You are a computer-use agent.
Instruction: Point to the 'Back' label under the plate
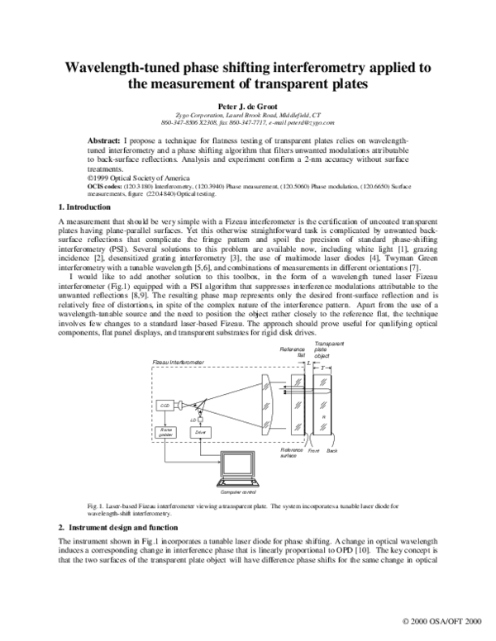[x=332, y=451]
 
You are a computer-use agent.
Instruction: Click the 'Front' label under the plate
[x=313, y=451]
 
